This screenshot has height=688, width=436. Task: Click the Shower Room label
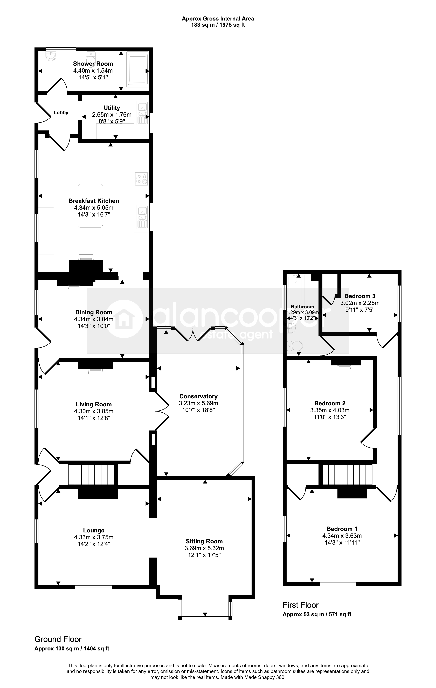(93, 64)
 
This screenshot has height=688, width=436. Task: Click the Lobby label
(61, 113)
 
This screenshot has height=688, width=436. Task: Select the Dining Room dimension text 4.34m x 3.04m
(94, 319)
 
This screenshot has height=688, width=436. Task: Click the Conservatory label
(198, 396)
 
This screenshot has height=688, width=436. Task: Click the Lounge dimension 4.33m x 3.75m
(94, 537)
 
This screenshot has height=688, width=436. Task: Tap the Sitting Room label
(204, 541)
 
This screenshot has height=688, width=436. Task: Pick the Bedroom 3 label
(360, 296)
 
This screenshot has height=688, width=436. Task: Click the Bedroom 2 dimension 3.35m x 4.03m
(330, 410)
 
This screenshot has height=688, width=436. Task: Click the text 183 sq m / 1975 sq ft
(218, 25)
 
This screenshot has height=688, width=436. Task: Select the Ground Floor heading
(58, 639)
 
